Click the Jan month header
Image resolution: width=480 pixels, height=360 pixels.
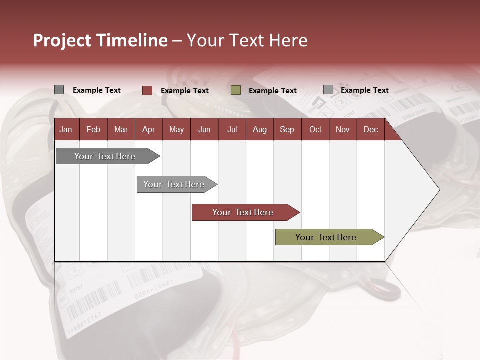click(x=66, y=130)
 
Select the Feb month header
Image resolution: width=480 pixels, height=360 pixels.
click(x=93, y=130)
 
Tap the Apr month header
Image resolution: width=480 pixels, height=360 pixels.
click(x=148, y=130)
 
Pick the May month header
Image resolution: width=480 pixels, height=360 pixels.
click(x=176, y=130)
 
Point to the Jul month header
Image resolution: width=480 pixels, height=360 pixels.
click(x=232, y=130)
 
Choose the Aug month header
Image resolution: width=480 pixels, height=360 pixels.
click(x=259, y=130)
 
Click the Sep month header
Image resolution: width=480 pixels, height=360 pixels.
click(x=287, y=130)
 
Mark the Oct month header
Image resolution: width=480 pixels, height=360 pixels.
click(x=315, y=130)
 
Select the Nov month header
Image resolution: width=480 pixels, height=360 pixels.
click(x=343, y=130)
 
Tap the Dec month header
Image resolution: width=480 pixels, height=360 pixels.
click(x=370, y=130)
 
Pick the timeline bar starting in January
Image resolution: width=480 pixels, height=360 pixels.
click(x=105, y=156)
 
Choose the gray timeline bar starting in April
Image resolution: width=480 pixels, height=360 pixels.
click(x=174, y=184)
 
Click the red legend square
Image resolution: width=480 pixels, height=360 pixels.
click(x=147, y=90)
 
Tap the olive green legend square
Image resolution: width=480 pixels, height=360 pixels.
click(x=236, y=90)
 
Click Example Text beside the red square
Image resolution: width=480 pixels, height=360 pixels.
click(x=185, y=91)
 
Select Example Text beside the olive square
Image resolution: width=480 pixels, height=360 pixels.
click(x=273, y=91)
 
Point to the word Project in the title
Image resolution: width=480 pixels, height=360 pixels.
click(x=62, y=40)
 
